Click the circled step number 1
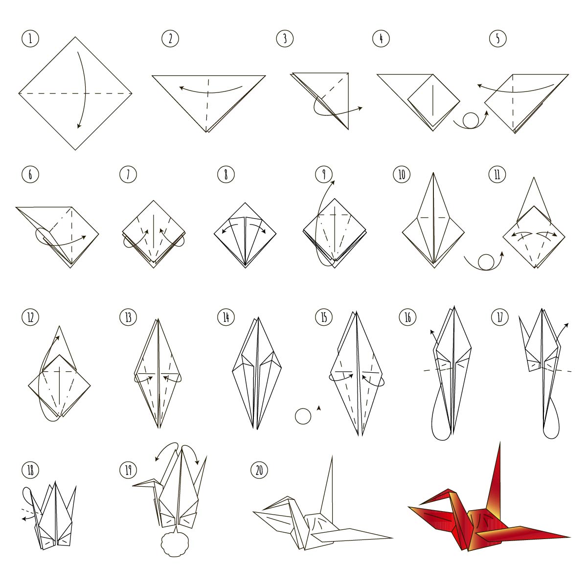[x=30, y=39]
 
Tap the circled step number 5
[x=497, y=39]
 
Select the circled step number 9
[x=323, y=175]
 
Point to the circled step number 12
[x=30, y=317]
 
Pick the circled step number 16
[x=407, y=317]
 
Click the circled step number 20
[x=259, y=470]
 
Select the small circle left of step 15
[x=303, y=416]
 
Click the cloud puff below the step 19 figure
[x=175, y=545]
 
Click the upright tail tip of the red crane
[x=500, y=443]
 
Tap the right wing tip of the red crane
[x=569, y=537]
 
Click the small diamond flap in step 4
[x=433, y=101]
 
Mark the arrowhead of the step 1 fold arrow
[x=79, y=126]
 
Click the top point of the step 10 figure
[x=433, y=173]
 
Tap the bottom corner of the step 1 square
[x=75, y=150]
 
